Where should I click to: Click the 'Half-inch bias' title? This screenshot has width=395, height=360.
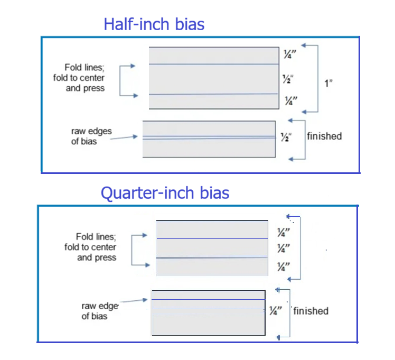point(154,24)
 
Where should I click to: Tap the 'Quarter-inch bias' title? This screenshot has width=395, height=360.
point(165,193)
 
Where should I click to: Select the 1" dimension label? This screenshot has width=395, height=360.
point(328,83)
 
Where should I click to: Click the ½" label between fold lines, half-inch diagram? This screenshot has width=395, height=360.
point(288,79)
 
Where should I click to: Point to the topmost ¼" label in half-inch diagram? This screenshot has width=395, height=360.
point(290,54)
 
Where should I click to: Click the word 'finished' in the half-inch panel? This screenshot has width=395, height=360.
point(324,136)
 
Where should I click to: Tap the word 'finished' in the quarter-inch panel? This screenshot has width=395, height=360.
point(311,311)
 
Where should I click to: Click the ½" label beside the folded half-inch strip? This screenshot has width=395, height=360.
point(286,137)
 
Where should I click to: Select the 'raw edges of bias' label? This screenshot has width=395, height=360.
point(91,136)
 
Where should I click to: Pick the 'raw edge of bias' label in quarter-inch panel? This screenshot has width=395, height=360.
point(100,311)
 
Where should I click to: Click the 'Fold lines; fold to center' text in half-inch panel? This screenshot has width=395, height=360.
point(79,72)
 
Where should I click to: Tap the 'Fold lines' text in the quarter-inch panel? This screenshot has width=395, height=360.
point(96,237)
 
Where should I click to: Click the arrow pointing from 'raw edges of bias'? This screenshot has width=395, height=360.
point(124,137)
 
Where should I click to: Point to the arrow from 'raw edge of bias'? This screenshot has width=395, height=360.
point(134,300)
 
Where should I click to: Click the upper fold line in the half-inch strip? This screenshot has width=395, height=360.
point(214,64)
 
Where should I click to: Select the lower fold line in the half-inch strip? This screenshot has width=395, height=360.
point(213,94)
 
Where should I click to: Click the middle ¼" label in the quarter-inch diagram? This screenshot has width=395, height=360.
point(284,248)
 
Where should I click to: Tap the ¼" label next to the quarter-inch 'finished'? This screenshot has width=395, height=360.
point(276,311)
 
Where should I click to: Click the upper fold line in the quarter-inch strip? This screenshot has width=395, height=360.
point(212,238)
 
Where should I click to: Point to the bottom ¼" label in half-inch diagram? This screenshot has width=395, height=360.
point(291,100)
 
